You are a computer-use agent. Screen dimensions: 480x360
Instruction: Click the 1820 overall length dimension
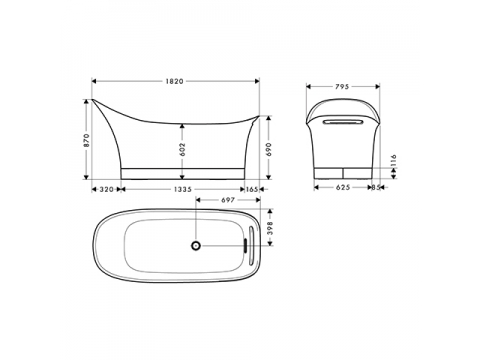pyautogui.click(x=174, y=81)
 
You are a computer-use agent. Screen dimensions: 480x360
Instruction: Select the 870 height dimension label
pyautogui.click(x=86, y=140)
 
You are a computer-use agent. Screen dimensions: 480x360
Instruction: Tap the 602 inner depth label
pyautogui.click(x=182, y=149)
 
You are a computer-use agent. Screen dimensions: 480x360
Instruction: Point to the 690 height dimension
pyautogui.click(x=269, y=149)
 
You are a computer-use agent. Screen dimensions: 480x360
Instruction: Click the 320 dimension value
pyautogui.click(x=107, y=189)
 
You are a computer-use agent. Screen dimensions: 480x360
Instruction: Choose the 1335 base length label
pyautogui.click(x=183, y=189)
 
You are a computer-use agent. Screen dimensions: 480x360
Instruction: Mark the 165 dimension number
pyautogui.click(x=252, y=189)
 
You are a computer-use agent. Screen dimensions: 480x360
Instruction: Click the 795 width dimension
pyautogui.click(x=342, y=87)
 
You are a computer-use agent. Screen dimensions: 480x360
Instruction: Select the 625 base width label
pyautogui.click(x=343, y=188)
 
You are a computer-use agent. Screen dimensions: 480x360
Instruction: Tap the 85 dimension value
pyautogui.click(x=376, y=188)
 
